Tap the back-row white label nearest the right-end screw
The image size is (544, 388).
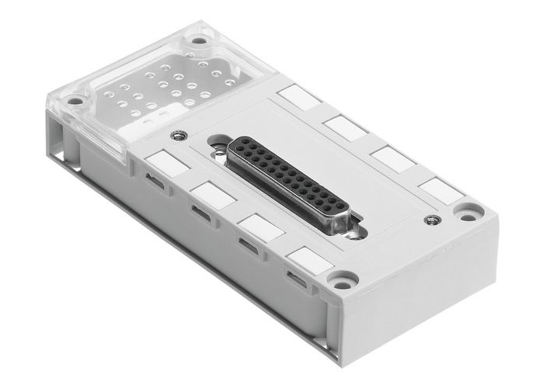pyautogui.click(x=439, y=189)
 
